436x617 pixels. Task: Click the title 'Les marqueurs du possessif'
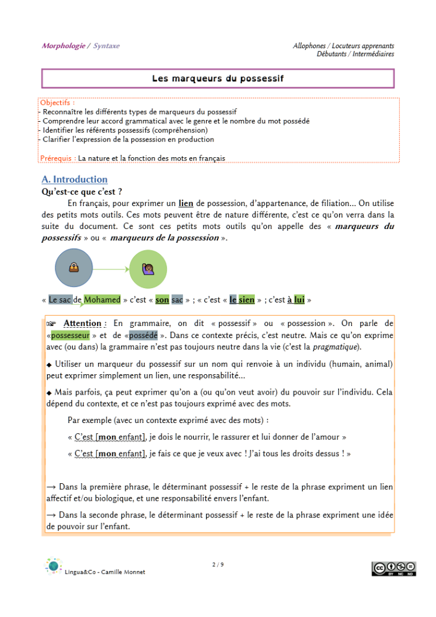pyautogui.click(x=217, y=78)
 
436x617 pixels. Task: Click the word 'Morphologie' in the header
pyautogui.click(x=63, y=46)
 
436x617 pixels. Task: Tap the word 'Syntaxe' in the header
pyautogui.click(x=107, y=46)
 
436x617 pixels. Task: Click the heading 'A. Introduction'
pyautogui.click(x=75, y=180)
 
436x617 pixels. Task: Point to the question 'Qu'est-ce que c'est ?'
pyautogui.click(x=82, y=192)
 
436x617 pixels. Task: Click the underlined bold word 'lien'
pyautogui.click(x=186, y=203)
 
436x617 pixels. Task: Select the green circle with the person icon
pyautogui.click(x=148, y=269)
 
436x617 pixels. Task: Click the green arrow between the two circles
pyautogui.click(x=111, y=269)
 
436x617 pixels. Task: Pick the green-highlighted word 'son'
pyautogui.click(x=162, y=299)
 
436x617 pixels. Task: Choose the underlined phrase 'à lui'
pyautogui.click(x=295, y=299)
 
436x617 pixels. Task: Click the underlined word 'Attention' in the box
pyautogui.click(x=83, y=324)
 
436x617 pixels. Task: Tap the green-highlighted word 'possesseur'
pyautogui.click(x=70, y=335)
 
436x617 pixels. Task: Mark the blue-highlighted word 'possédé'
pyautogui.click(x=143, y=335)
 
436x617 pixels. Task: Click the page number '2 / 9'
pyautogui.click(x=217, y=565)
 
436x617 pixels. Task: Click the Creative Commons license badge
pyautogui.click(x=394, y=568)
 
